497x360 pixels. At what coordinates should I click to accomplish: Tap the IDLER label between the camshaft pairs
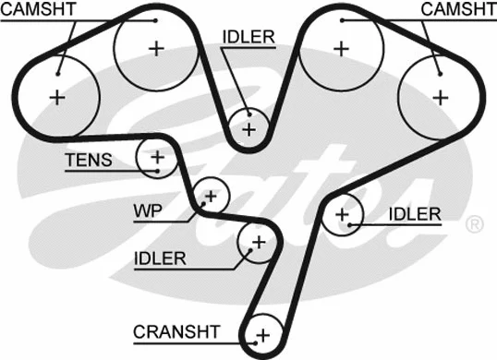pyautogui.click(x=248, y=37)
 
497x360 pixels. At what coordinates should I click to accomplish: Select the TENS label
pyautogui.click(x=88, y=162)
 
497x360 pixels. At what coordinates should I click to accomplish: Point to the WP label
pyautogui.click(x=147, y=211)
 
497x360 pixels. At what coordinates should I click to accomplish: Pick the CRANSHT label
pyautogui.click(x=176, y=331)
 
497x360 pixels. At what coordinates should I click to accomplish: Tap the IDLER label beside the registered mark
pyautogui.click(x=415, y=215)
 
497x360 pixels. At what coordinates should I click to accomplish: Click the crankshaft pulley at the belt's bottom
pyautogui.click(x=263, y=334)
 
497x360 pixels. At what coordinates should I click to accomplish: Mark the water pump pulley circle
pyautogui.click(x=212, y=196)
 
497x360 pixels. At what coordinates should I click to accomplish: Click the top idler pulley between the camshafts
pyautogui.click(x=248, y=127)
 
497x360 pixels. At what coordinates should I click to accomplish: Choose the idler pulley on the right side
pyautogui.click(x=344, y=215)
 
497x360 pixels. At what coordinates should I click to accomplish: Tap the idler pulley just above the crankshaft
pyautogui.click(x=258, y=243)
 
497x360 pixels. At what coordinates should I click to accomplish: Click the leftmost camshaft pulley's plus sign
pyautogui.click(x=59, y=95)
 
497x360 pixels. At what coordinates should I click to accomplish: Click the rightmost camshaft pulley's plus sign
pyautogui.click(x=440, y=95)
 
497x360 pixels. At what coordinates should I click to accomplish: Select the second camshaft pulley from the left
pyautogui.click(x=153, y=48)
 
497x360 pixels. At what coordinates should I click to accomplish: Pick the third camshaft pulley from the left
pyautogui.click(x=343, y=48)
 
